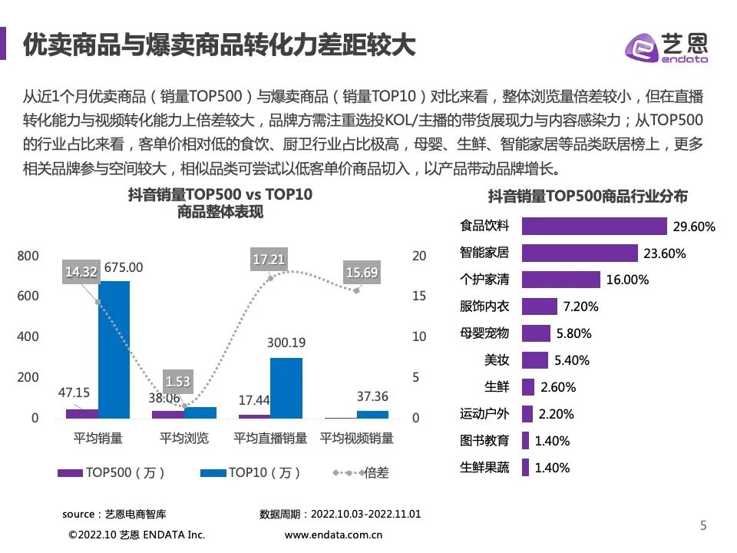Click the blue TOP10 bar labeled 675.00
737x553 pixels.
pyautogui.click(x=114, y=349)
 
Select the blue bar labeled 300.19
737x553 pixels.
pyautogui.click(x=286, y=388)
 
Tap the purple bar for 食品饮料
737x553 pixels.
pyautogui.click(x=593, y=226)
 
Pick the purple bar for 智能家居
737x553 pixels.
pyautogui.click(x=580, y=253)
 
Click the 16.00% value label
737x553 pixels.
pyautogui.click(x=627, y=280)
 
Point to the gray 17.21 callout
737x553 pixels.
pyautogui.click(x=269, y=260)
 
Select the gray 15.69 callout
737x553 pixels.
pyautogui.click(x=362, y=272)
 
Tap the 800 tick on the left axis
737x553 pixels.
pyautogui.click(x=28, y=256)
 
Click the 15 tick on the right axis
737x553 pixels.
pyautogui.click(x=418, y=296)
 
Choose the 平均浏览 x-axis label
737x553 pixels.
pyautogui.click(x=183, y=439)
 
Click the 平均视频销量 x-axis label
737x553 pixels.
pyautogui.click(x=356, y=439)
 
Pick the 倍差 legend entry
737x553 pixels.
pyautogui.click(x=368, y=472)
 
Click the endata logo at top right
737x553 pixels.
pyautogui.click(x=667, y=47)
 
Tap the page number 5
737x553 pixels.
pyautogui.click(x=703, y=525)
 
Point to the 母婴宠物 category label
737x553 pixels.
pyautogui.click(x=484, y=333)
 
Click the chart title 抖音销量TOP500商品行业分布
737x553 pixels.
pyautogui.click(x=587, y=197)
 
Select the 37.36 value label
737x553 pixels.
pyautogui.click(x=373, y=396)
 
